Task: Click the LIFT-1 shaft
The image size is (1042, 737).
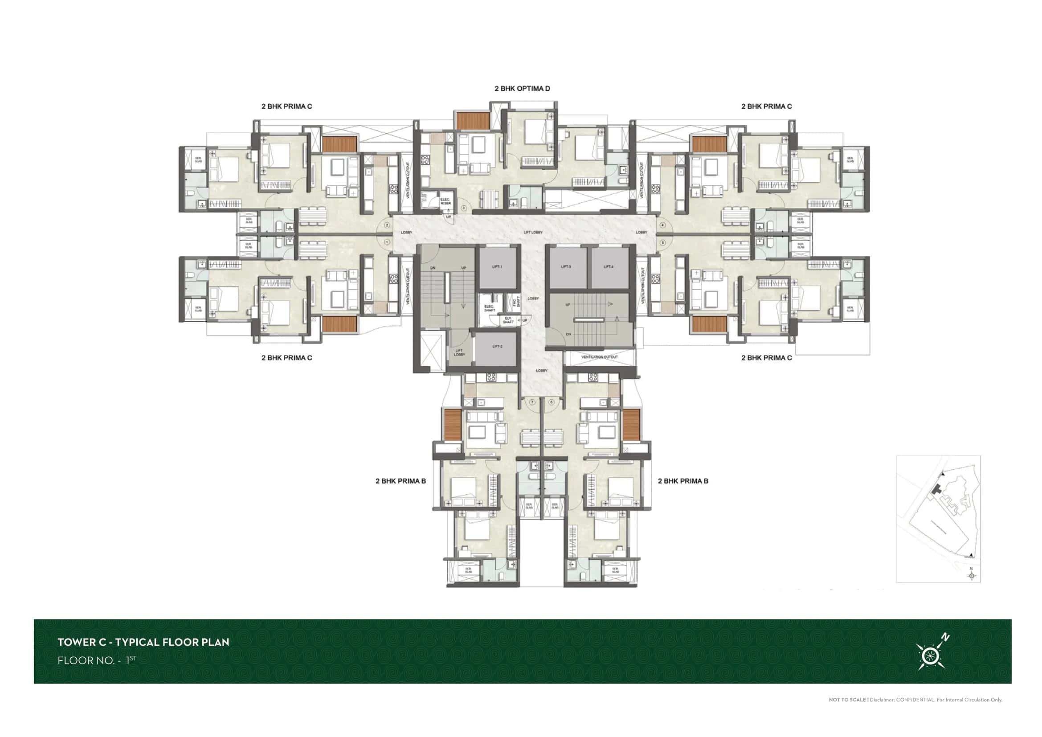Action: [x=498, y=267]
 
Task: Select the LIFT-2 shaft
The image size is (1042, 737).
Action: [x=498, y=347]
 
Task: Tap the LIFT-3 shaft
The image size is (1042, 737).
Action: [x=566, y=267]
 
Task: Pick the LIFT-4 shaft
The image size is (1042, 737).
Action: [x=609, y=267]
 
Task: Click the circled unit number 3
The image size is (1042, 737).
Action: [x=464, y=208]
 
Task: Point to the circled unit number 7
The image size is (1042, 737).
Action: [x=533, y=402]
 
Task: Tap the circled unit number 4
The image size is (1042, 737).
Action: [x=662, y=225]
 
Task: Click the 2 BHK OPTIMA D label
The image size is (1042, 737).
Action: [x=522, y=89]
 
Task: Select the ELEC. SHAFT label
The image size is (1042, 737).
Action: [x=489, y=308]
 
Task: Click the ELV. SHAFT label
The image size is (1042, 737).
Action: [x=508, y=320]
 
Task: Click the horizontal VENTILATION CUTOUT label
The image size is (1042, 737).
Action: [x=600, y=357]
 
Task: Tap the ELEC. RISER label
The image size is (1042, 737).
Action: [x=445, y=201]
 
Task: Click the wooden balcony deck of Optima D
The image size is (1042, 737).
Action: [x=473, y=121]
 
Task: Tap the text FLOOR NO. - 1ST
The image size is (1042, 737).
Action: [x=97, y=660]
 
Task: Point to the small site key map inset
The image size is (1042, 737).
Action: [x=938, y=519]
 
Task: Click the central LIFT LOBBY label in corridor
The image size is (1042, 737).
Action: [x=533, y=232]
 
